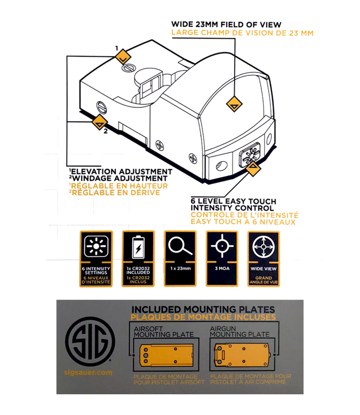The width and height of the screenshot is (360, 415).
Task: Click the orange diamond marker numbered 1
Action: pos(122,57)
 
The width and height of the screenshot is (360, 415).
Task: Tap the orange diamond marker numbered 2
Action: pos(99,122)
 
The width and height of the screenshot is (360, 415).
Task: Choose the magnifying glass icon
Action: pos(179,247)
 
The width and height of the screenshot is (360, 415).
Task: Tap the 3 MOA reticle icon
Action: pos(221,247)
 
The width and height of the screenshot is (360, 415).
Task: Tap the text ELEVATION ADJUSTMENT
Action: pos(122,172)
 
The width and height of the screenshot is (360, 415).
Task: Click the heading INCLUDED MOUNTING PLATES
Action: pos(202,309)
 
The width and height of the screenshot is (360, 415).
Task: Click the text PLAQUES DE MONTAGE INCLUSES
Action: pos(202,317)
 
